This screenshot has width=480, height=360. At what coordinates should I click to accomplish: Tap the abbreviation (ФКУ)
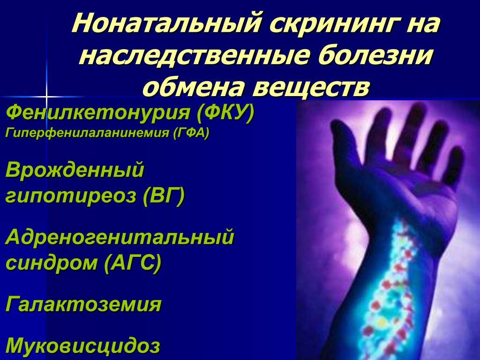(225, 113)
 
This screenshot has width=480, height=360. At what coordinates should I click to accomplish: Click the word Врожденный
(75, 171)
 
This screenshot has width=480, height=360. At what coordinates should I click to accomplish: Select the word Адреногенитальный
(120, 238)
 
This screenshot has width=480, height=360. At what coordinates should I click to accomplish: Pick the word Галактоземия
(83, 305)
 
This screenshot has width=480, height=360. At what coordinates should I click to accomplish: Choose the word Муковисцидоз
(82, 345)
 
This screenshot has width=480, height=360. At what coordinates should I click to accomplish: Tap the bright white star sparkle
(46, 97)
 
